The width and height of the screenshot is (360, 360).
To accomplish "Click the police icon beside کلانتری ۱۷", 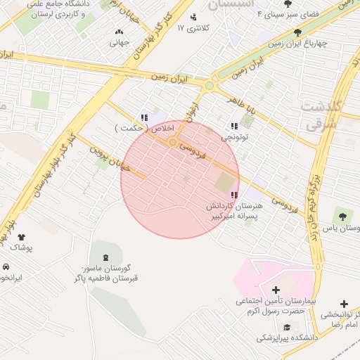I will point(193,17).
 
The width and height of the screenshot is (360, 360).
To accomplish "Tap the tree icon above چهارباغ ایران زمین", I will point(298,32).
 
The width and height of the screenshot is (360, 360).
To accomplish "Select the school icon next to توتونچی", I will point(233,127).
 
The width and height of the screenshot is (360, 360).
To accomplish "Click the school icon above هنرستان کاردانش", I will point(233,195).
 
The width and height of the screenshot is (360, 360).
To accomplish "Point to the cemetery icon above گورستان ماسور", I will point(105,256).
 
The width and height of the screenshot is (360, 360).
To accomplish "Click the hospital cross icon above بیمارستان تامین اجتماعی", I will point(275,290).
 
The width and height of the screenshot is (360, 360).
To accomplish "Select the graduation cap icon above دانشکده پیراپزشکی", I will point(287,327).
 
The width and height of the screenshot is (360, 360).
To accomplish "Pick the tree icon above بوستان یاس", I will point(342,217).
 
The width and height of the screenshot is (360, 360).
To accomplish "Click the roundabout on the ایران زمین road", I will point(209,86).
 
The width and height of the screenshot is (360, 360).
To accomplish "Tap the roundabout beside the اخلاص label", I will point(172,143).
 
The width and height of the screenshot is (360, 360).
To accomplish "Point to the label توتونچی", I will point(236,138).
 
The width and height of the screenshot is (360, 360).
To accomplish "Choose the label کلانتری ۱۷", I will point(193,28).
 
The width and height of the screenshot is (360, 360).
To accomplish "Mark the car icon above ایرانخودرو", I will point(6,268).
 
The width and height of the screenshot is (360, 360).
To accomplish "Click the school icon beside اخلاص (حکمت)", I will point(143,118).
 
